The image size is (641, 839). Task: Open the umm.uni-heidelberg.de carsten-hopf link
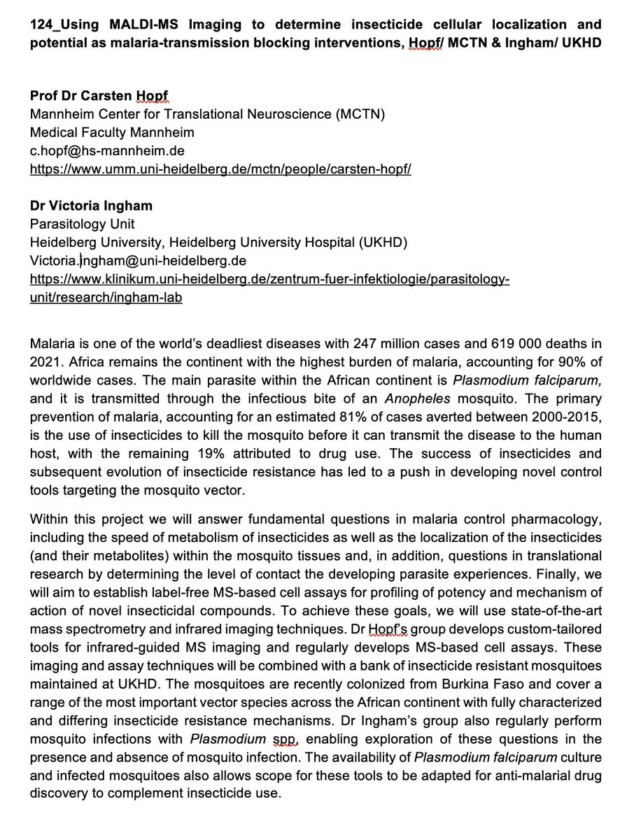coord(220,169)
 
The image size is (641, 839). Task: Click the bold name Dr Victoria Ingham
coord(90,206)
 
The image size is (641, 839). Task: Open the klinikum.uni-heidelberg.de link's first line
coord(269,280)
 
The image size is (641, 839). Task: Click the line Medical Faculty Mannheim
coord(112,133)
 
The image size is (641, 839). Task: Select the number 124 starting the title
coord(39,24)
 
